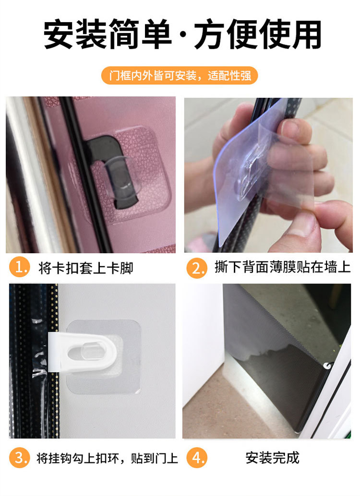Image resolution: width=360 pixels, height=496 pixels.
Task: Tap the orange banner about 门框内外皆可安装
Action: pyautogui.click(x=180, y=76)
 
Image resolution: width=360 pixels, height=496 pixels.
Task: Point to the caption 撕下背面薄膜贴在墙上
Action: pyautogui.click(x=282, y=268)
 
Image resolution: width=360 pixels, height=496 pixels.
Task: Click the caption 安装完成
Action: pyautogui.click(x=272, y=458)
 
